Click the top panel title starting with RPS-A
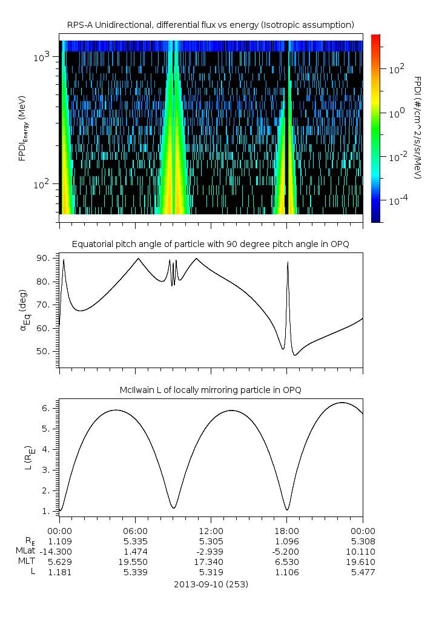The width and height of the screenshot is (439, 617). click(211, 24)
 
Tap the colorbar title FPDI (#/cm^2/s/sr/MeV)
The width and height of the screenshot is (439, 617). click(417, 127)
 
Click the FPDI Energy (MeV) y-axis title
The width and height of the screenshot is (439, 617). click(23, 127)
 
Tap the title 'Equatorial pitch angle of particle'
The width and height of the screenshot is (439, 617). click(211, 244)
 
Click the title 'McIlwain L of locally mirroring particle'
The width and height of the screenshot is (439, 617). click(211, 389)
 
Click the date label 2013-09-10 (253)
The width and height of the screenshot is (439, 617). click(211, 584)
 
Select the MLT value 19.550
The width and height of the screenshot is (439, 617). click(135, 561)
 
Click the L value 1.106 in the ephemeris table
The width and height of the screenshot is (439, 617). click(286, 572)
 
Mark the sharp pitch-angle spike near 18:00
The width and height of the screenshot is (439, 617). click(288, 263)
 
